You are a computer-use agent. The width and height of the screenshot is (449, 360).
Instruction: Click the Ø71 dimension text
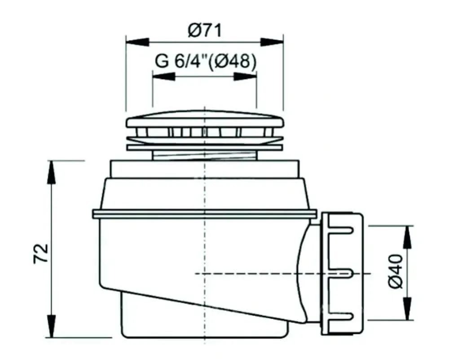coord(205,31)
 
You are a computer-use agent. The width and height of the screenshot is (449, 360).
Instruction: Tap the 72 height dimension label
coord(41,254)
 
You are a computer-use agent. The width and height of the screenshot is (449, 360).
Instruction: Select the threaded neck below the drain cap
coord(205,155)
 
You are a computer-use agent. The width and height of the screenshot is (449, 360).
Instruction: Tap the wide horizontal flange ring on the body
coord(205,214)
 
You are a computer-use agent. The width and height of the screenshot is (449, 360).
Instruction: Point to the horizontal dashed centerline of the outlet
coord(269,273)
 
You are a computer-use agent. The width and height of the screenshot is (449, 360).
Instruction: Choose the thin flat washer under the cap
coord(205,146)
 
